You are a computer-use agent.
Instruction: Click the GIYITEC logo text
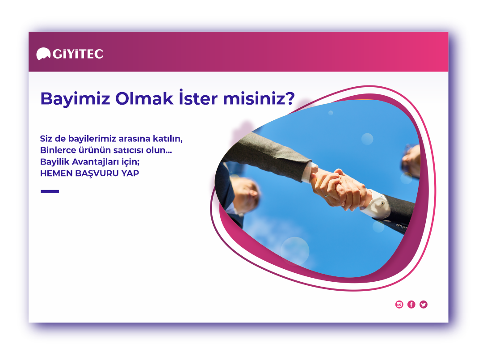78,54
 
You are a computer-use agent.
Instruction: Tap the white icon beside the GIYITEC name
43,54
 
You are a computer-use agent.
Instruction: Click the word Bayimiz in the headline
76,99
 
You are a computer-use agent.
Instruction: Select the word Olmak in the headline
144,98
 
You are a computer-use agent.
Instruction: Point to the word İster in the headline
198,97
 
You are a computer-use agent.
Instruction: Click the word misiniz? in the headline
259,98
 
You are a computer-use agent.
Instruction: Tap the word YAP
130,173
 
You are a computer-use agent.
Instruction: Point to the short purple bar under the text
50,191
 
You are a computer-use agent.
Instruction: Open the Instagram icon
399,305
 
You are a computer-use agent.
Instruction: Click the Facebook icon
411,305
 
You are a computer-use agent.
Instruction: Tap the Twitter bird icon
423,305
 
